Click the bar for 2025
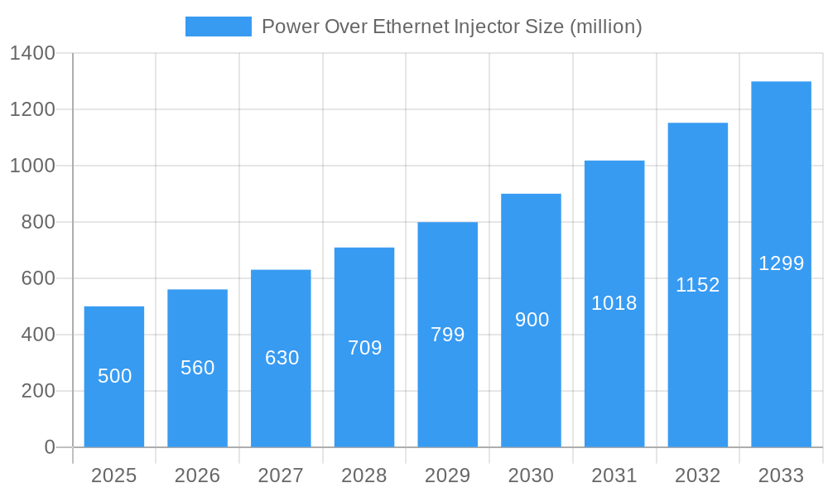[x=114, y=377]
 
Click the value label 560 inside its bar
[x=198, y=368]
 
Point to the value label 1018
[x=614, y=303]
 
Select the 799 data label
[x=448, y=335]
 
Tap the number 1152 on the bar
[x=698, y=285]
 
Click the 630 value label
[x=282, y=358]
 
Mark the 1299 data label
[x=782, y=263]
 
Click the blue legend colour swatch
[x=218, y=27]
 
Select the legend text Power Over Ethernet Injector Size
[x=452, y=27]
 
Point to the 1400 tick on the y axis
[x=32, y=53]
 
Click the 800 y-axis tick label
[x=37, y=222]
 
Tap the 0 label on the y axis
[x=50, y=447]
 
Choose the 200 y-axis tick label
[x=37, y=391]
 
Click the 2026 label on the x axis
[x=198, y=475]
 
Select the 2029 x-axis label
[x=448, y=475]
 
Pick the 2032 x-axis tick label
[x=698, y=475]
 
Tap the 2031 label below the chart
[x=614, y=475]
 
